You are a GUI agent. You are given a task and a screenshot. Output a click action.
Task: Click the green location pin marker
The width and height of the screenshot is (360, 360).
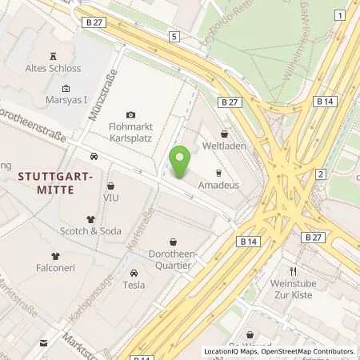click(180, 162)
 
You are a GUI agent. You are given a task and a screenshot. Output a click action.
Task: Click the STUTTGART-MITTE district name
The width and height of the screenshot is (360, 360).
click(45, 182)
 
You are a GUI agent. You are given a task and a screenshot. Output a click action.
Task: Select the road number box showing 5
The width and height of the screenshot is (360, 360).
click(174, 37)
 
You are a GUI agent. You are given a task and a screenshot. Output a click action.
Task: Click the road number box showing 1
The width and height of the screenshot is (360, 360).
click(341, 16)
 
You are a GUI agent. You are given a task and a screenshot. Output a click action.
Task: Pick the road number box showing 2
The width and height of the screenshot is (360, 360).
click(320, 174)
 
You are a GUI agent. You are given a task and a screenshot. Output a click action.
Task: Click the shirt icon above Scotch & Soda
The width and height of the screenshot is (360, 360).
click(90, 218)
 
